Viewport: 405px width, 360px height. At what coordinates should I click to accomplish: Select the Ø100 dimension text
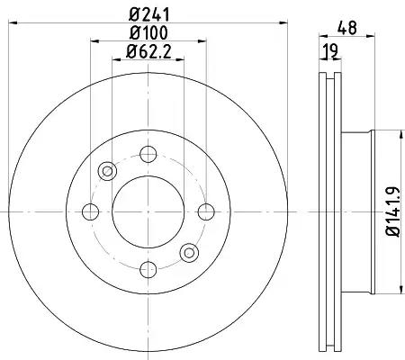click(x=148, y=32)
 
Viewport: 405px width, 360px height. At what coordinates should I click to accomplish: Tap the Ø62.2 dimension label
click(x=148, y=51)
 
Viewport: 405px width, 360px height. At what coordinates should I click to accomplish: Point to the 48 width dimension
click(x=347, y=28)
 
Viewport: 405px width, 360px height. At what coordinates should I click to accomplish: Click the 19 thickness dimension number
click(x=330, y=51)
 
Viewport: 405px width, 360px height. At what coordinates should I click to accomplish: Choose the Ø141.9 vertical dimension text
click(x=393, y=211)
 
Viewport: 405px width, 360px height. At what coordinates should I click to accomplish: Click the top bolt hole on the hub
click(x=148, y=154)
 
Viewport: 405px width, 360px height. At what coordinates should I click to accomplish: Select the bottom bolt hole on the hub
click(x=148, y=269)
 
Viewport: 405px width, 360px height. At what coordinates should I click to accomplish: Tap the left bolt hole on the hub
click(x=90, y=211)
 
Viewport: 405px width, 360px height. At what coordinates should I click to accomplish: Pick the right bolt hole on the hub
click(x=206, y=211)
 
